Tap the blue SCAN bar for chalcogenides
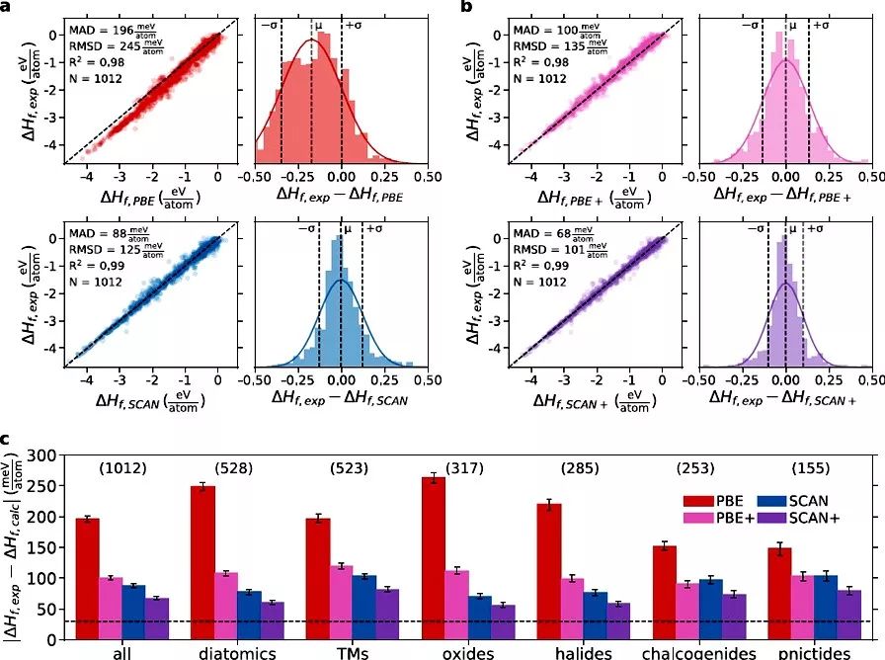710,609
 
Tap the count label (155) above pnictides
812,467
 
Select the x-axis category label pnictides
812,652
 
